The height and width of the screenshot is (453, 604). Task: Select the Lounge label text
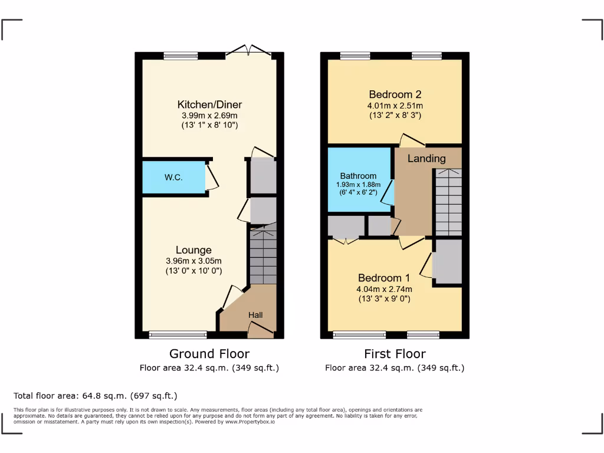[193, 250]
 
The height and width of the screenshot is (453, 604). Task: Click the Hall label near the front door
[255, 316]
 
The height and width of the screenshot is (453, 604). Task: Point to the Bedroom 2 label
[395, 94]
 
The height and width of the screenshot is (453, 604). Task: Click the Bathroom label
[358, 176]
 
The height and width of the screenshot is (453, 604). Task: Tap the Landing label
[426, 158]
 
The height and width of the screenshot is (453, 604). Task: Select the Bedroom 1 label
[384, 278]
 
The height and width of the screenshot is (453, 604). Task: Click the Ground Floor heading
[209, 354]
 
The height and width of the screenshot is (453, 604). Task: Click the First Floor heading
[395, 354]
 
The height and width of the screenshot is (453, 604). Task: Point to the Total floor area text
[95, 396]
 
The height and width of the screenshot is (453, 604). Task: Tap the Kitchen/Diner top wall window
[181, 56]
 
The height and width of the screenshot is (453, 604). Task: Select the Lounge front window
[178, 335]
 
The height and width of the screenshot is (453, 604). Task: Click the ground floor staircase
[262, 257]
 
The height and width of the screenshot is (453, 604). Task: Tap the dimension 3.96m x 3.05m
[193, 261]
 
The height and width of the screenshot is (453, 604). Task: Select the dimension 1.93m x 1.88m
[359, 184]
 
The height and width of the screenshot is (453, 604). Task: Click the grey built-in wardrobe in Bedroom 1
[447, 261]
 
